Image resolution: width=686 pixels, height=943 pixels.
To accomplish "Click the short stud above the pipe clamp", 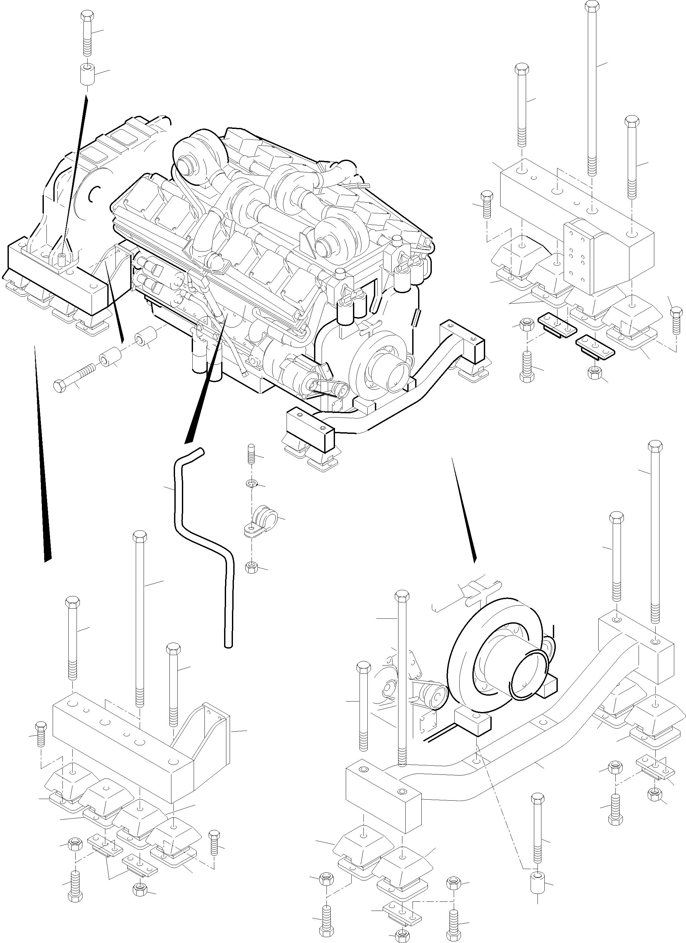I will [251, 453].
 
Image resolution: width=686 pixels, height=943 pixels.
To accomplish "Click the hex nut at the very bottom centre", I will [401, 935].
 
